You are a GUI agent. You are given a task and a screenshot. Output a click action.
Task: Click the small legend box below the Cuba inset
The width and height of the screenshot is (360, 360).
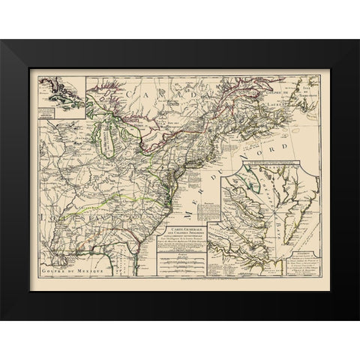(53, 113)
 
